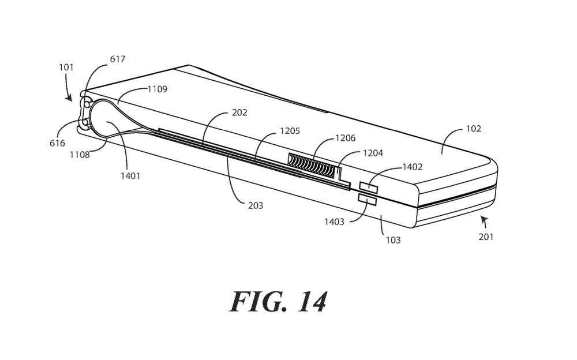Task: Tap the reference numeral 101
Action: click(x=66, y=67)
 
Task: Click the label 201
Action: click(x=486, y=236)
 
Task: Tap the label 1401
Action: click(x=130, y=177)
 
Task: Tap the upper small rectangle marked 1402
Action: click(x=368, y=186)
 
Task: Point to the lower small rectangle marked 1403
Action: click(x=368, y=200)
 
